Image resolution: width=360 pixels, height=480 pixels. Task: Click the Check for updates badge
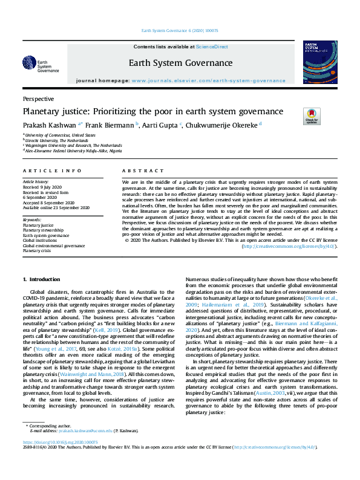tap(311, 115)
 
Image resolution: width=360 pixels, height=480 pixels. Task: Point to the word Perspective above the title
tap(38, 99)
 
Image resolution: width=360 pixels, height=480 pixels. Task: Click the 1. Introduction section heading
tap(41, 279)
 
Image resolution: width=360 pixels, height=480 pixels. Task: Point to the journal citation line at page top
tap(179, 30)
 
